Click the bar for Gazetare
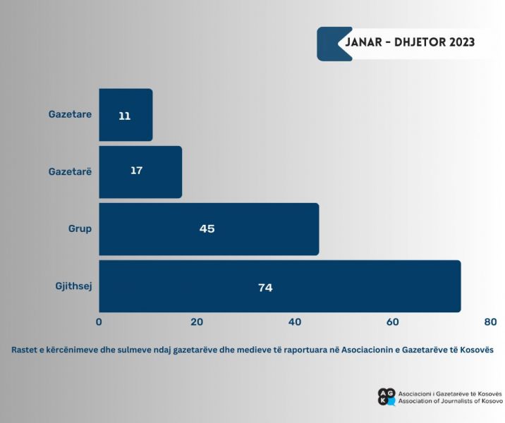[x=126, y=115]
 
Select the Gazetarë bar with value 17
[x=140, y=172]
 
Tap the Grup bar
[x=209, y=229]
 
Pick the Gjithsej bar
[x=279, y=286]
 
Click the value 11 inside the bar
[x=125, y=116]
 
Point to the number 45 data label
[x=207, y=228]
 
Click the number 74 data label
[x=264, y=288]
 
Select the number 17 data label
[x=137, y=171]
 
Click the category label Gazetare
[x=70, y=114]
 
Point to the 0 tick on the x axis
[x=99, y=322]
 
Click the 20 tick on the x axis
[x=197, y=322]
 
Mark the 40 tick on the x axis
[x=295, y=322]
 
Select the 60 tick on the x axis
[x=393, y=322]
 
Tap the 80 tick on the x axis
[x=491, y=322]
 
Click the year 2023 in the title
[x=457, y=42]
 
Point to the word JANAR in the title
[x=367, y=42]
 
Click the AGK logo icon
[x=387, y=397]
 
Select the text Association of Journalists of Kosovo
[x=451, y=401]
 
